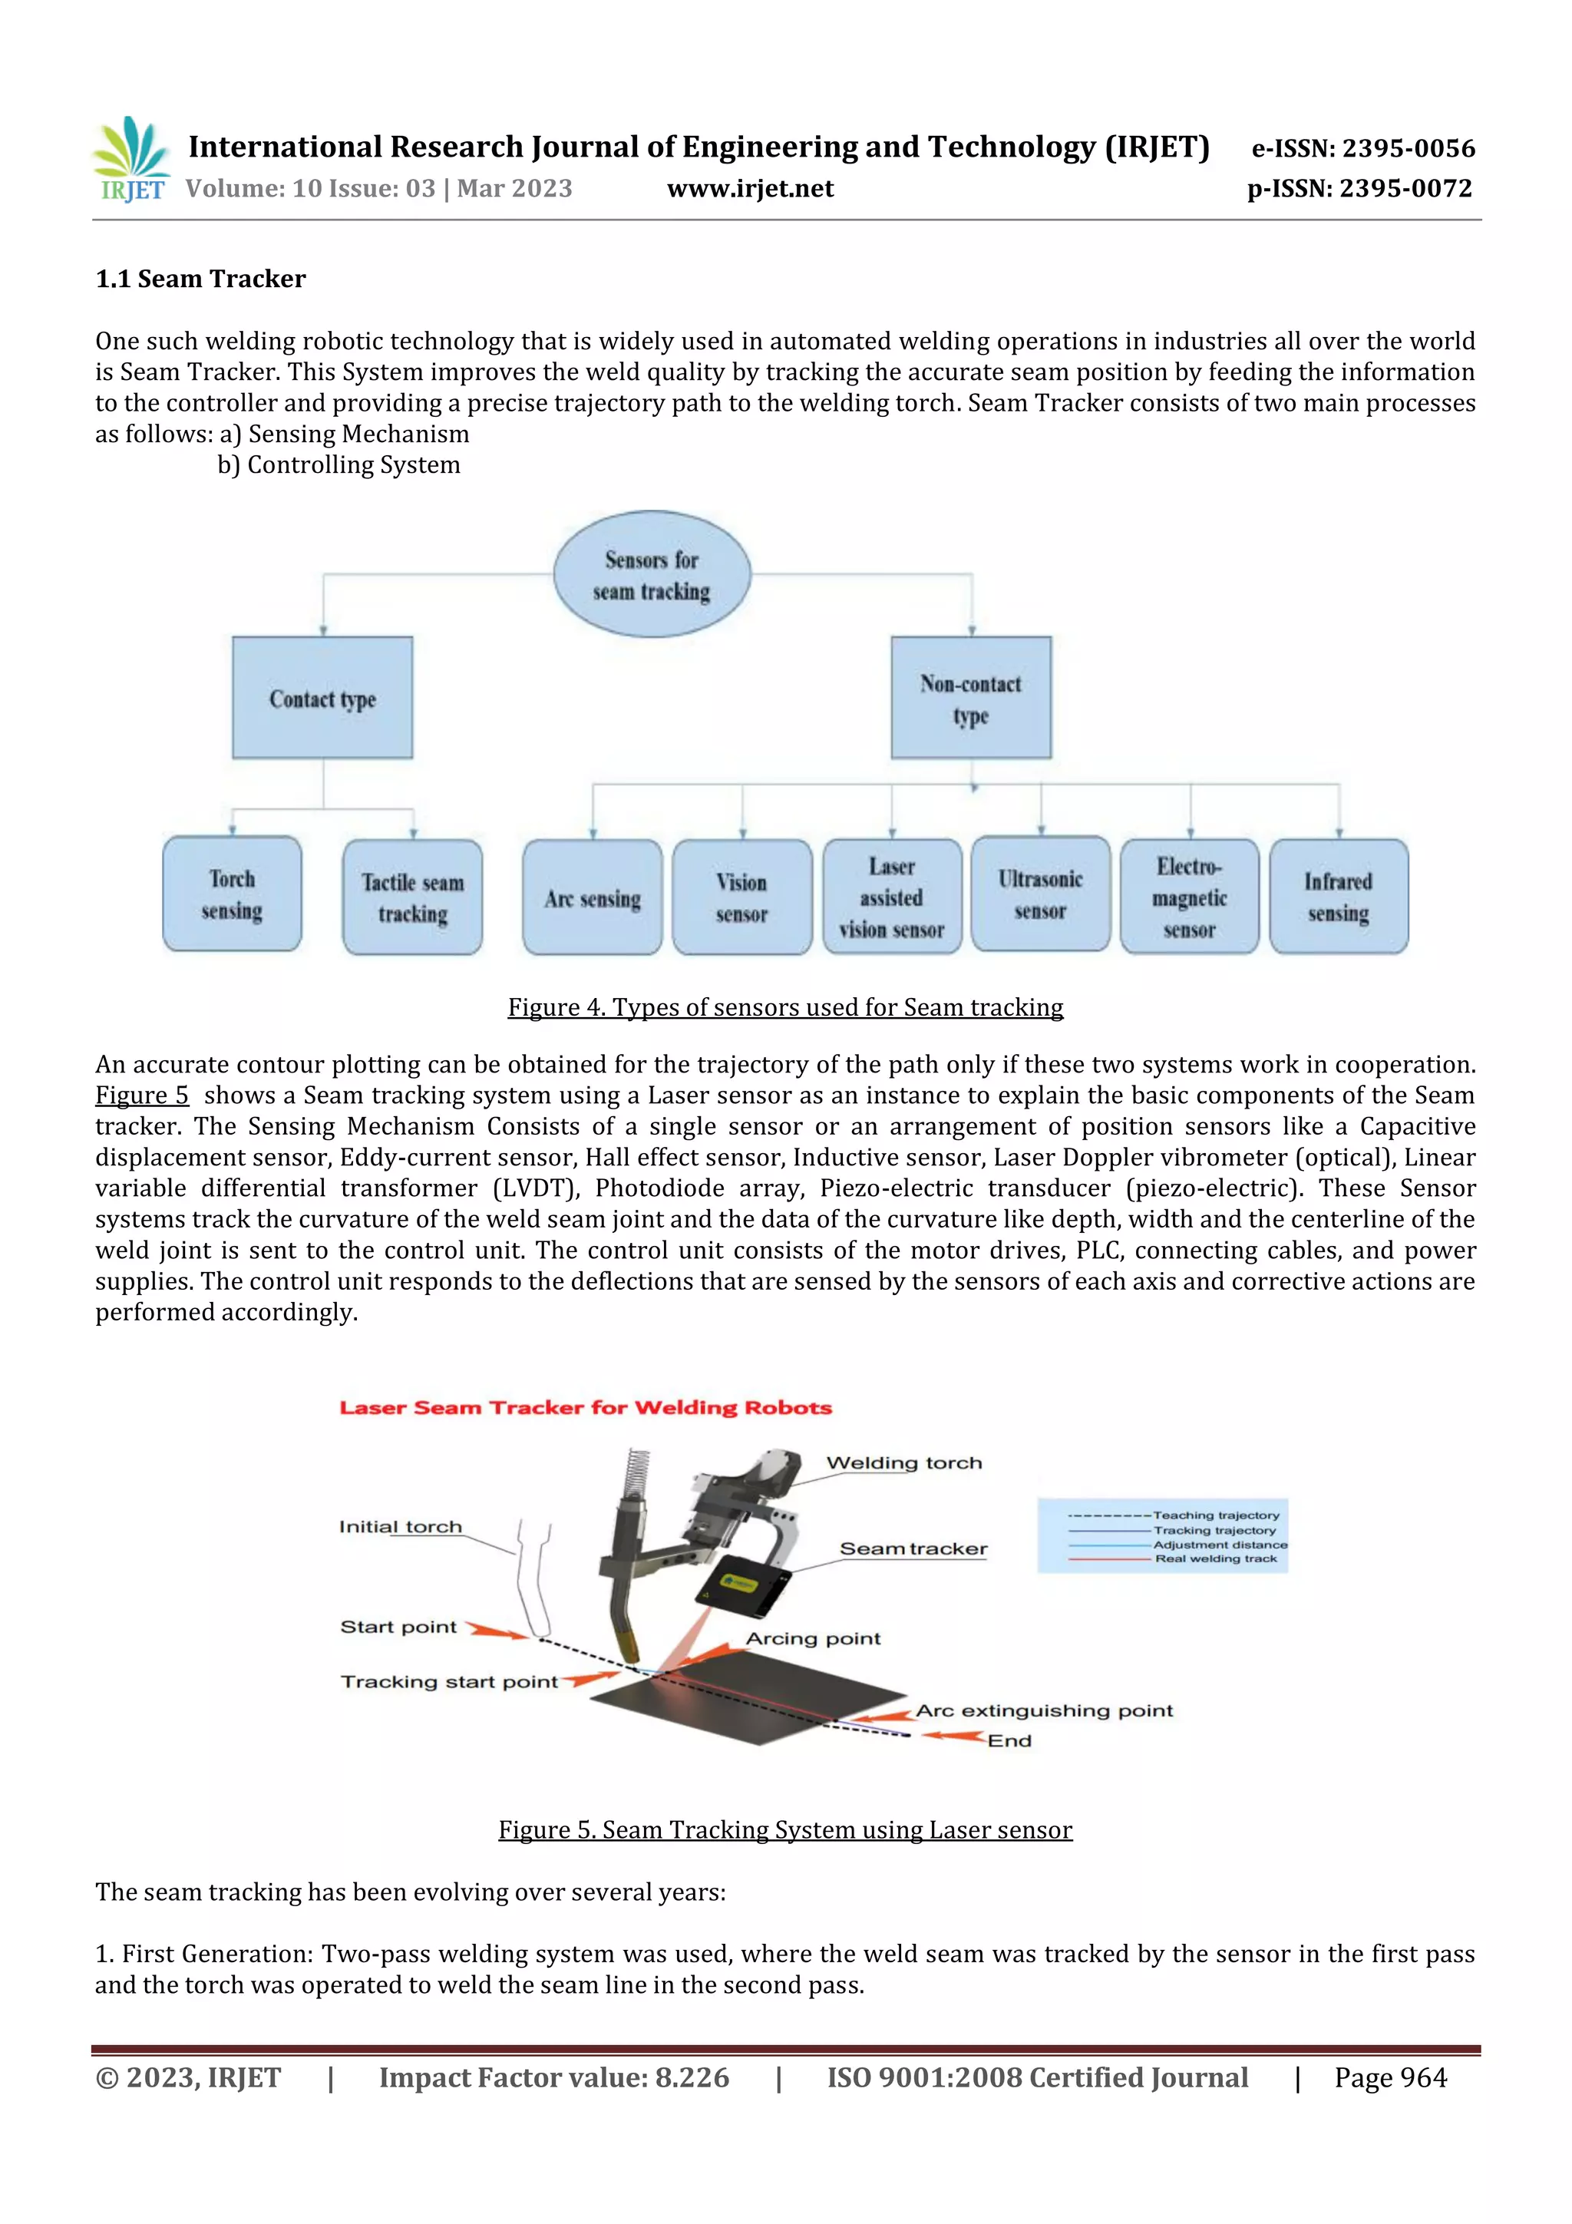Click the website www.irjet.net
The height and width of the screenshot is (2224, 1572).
pos(750,189)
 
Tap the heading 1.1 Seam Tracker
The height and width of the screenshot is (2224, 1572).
pos(200,279)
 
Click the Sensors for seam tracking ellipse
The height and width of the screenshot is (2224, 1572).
pos(652,574)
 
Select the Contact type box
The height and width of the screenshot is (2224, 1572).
pos(322,697)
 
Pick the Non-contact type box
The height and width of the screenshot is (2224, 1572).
pos(970,697)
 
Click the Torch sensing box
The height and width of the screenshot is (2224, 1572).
pos(232,894)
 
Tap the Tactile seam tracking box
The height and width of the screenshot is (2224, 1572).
pos(413,897)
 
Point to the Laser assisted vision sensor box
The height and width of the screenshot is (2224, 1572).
pos(892,897)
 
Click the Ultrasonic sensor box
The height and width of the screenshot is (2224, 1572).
pos(1040,894)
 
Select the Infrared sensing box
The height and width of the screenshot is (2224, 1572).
pos(1339,896)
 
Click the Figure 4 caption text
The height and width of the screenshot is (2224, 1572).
pos(785,1007)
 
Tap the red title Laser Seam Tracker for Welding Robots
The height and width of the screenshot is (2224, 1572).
pos(585,1407)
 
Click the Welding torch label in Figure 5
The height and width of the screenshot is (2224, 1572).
pos(903,1462)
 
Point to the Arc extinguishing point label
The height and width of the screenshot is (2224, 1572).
pos(1044,1710)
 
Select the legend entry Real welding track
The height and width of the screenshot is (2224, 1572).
pos(1216,1558)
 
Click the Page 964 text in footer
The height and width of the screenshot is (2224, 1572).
pos(1390,2077)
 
